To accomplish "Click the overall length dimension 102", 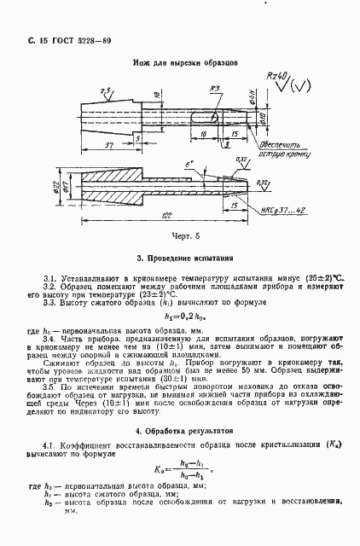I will (x=174, y=215).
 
